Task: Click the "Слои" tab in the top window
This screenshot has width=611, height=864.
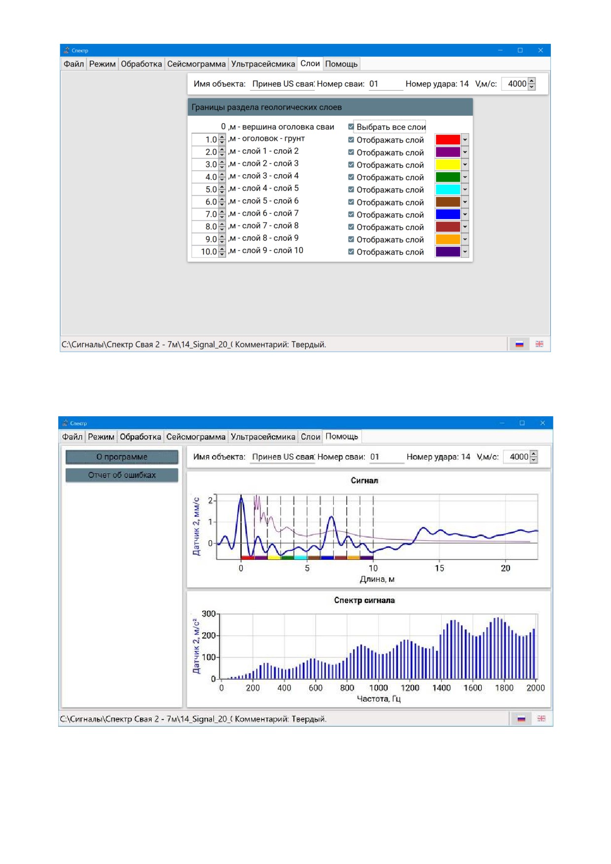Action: point(310,64)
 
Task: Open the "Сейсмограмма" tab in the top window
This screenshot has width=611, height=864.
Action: point(196,64)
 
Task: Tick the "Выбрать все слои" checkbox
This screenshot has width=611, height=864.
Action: point(351,127)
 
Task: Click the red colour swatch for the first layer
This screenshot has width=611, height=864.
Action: point(448,140)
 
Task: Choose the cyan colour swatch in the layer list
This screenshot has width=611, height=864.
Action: point(448,189)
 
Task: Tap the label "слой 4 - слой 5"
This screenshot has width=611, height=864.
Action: point(270,188)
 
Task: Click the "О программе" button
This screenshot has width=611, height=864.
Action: point(122,457)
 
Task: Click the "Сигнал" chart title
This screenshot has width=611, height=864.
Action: point(364,480)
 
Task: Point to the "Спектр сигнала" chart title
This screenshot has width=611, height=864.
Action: point(364,600)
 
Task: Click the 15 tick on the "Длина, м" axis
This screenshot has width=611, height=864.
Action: point(439,568)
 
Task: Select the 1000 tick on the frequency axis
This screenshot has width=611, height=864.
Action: point(378,688)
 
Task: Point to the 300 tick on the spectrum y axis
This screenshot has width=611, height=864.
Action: point(209,614)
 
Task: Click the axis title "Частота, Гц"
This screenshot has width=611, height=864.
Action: point(378,699)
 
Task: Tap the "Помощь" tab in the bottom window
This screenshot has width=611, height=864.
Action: point(342,436)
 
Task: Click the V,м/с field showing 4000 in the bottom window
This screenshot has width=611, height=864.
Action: point(519,457)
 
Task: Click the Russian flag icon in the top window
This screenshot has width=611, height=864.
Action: point(519,344)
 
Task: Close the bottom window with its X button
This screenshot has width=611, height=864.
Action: point(542,423)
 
